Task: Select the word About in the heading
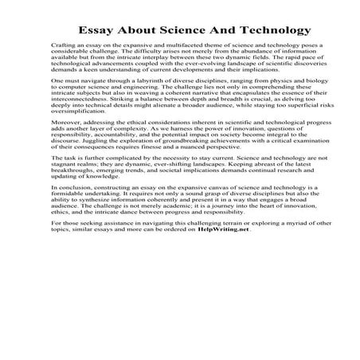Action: tap(146, 31)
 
